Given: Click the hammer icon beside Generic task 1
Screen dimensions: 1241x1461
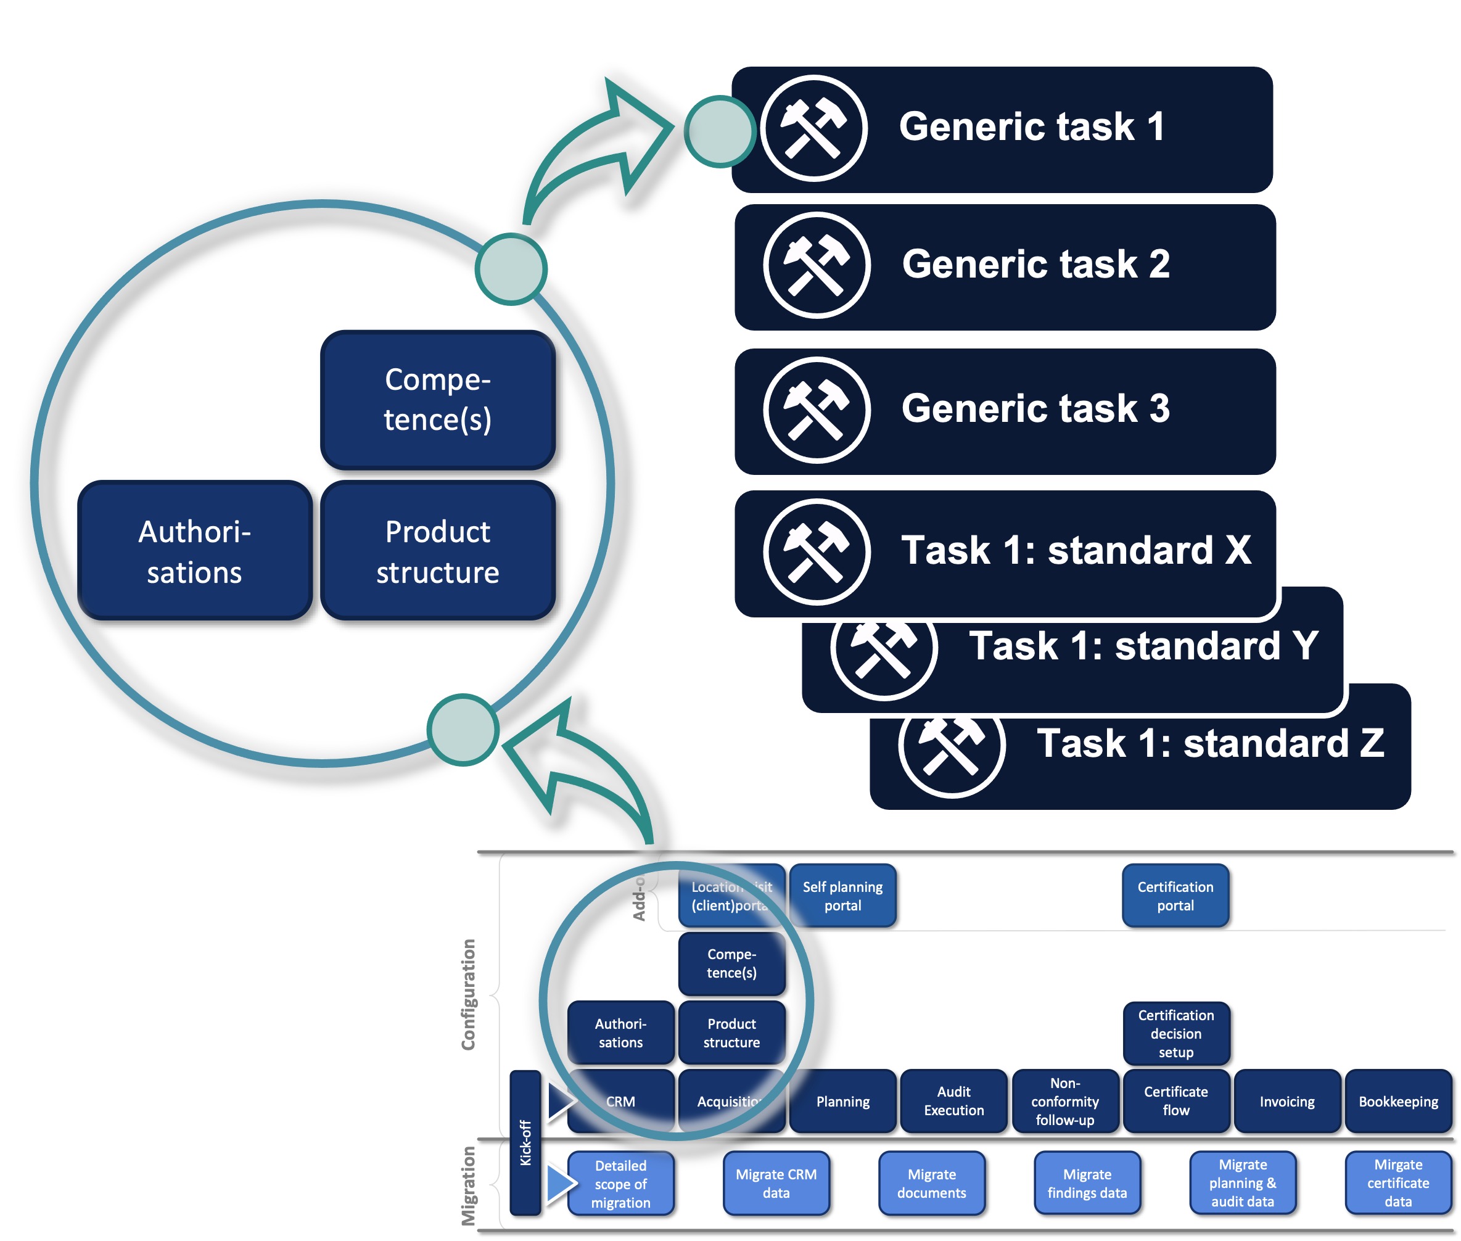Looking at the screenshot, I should (x=813, y=129).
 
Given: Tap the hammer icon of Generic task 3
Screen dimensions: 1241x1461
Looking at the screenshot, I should (x=816, y=410).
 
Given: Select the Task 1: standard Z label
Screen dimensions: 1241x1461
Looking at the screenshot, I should (x=1210, y=744).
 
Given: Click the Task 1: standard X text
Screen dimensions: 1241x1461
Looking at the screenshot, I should (x=1076, y=550).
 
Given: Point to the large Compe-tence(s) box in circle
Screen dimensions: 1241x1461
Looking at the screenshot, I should (x=437, y=400).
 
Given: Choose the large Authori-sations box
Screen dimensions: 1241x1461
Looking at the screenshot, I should (x=194, y=551).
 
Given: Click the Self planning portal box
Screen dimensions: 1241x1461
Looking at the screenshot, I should (x=842, y=896).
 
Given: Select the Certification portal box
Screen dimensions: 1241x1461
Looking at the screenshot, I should (x=1175, y=896).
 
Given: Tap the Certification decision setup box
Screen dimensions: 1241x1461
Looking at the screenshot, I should (x=1175, y=1033).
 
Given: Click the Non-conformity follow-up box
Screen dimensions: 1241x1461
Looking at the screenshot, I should (x=1064, y=1100).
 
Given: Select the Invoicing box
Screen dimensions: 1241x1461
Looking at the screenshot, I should (x=1286, y=1101).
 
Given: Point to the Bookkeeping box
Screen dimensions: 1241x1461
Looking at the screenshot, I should (x=1397, y=1101).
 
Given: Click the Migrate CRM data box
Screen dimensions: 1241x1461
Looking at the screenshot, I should (x=776, y=1183).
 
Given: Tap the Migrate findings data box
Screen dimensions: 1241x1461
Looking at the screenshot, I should (x=1087, y=1183).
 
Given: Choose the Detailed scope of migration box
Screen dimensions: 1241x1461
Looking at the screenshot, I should (x=620, y=1183).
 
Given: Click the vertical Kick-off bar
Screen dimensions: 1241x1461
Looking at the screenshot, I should (x=525, y=1142).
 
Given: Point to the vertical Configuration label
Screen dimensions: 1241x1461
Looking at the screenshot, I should (x=467, y=994).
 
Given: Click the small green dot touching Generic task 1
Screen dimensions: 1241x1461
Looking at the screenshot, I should (x=719, y=131).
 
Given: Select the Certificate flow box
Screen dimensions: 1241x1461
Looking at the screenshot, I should (x=1175, y=1100).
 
